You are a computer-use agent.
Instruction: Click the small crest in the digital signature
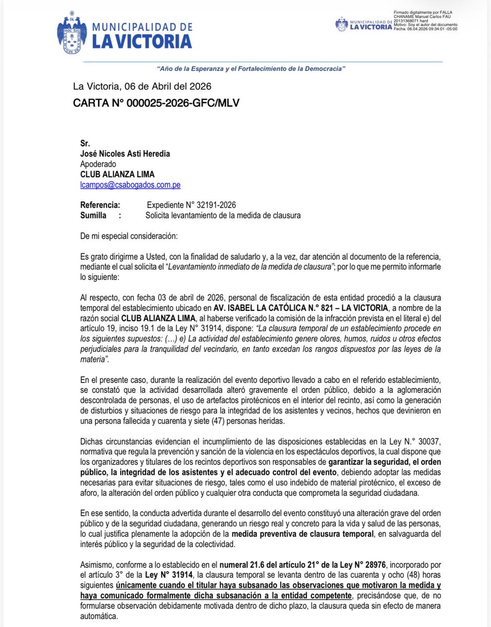tap(341, 24)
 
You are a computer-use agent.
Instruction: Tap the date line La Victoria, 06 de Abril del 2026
tap(142, 86)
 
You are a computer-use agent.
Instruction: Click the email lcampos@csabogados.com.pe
tap(130, 184)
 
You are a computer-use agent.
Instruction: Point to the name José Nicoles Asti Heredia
tap(125, 154)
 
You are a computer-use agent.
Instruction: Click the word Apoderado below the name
tap(99, 164)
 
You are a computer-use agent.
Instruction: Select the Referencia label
tap(100, 205)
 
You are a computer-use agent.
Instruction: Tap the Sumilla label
tap(94, 215)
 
